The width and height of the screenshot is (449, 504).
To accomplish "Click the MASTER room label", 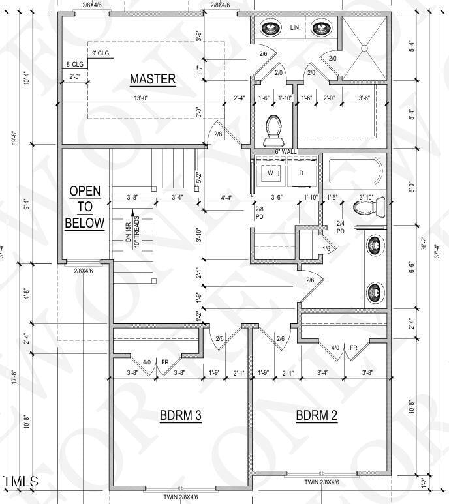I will [153, 80].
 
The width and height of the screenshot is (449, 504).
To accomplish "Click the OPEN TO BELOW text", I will [84, 207].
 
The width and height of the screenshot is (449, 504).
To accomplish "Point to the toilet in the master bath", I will [272, 129].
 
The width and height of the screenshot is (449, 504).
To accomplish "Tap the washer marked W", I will [271, 173].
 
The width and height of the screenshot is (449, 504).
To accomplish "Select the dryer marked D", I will [302, 173].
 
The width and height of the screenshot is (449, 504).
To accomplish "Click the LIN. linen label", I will [295, 27].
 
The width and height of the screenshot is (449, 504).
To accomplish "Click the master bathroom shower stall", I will [364, 47].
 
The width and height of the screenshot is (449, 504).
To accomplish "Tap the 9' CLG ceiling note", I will [100, 53].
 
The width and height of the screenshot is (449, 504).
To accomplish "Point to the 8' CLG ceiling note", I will [74, 65].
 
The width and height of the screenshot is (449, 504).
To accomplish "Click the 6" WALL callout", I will [286, 152].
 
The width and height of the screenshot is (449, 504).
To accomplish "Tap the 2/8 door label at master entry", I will [218, 134].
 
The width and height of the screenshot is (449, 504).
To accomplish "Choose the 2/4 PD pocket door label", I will [341, 227].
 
